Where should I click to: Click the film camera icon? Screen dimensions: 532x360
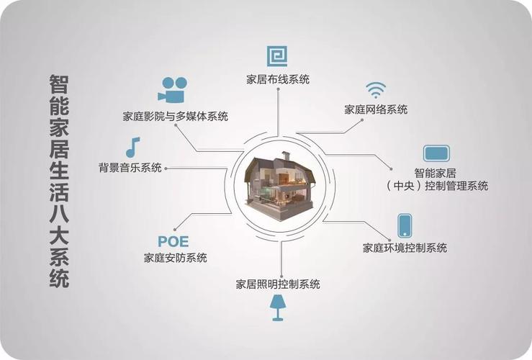tap(173, 90)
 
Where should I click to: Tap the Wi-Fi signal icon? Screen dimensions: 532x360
tap(376, 90)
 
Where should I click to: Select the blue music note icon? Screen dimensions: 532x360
tap(132, 148)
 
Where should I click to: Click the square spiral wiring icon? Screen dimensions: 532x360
tap(277, 56)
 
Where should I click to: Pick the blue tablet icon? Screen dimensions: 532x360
tap(436, 153)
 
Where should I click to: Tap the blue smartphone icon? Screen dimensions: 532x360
tap(405, 225)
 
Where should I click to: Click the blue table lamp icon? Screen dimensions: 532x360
tap(278, 307)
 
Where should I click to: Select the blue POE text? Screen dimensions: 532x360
tap(173, 242)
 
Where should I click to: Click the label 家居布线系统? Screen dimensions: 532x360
tap(278, 80)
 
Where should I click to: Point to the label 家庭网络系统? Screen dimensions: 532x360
tap(376, 109)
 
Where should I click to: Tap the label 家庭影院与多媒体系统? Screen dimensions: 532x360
tap(176, 117)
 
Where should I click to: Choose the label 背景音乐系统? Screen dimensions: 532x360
tap(130, 168)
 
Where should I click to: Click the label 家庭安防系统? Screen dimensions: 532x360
tap(176, 258)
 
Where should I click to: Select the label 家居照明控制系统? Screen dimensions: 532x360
tap(278, 284)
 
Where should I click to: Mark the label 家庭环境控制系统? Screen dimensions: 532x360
tap(405, 248)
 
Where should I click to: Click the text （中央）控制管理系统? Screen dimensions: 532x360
tap(437, 186)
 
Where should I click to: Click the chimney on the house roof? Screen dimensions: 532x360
tap(286, 156)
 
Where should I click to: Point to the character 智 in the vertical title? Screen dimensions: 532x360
tap(59, 84)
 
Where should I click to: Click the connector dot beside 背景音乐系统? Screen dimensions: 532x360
tap(166, 168)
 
